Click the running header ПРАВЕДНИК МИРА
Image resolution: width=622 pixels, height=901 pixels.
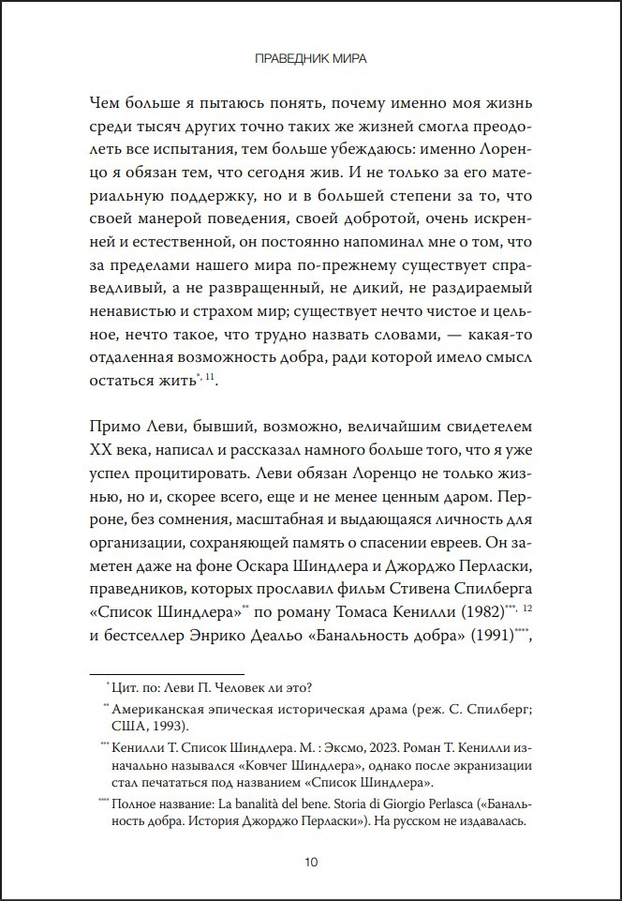pyautogui.click(x=311, y=59)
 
